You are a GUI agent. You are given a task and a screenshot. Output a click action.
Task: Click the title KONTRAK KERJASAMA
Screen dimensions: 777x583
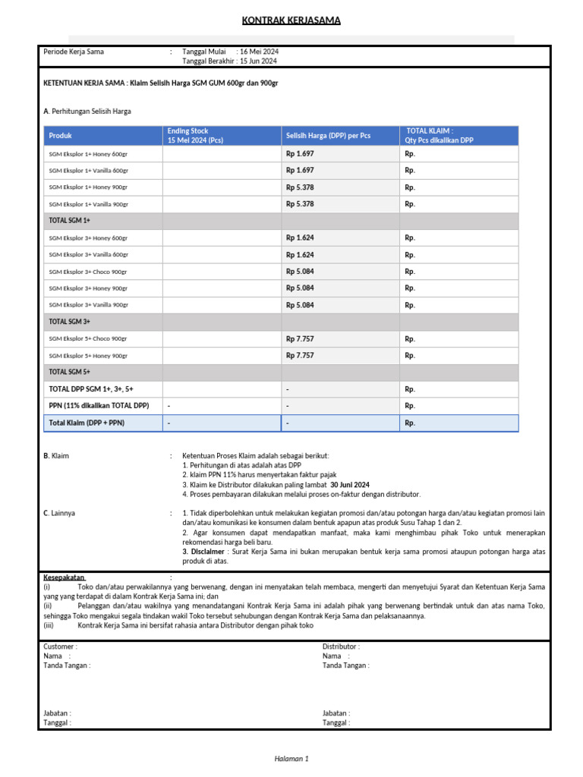pyautogui.click(x=291, y=20)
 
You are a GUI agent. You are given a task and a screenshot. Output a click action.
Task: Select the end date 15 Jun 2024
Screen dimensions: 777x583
pyautogui.click(x=259, y=61)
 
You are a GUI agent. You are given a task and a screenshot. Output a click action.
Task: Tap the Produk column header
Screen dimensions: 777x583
pyautogui.click(x=61, y=136)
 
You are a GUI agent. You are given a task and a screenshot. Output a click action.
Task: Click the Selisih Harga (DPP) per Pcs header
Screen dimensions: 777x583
pyautogui.click(x=328, y=136)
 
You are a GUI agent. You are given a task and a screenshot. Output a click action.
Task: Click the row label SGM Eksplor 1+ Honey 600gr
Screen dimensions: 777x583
pyautogui.click(x=89, y=154)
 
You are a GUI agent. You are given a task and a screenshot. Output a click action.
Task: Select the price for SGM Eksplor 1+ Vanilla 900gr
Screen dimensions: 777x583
pyautogui.click(x=300, y=204)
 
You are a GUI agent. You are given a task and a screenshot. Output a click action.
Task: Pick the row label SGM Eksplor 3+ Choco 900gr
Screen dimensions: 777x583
pyautogui.click(x=89, y=272)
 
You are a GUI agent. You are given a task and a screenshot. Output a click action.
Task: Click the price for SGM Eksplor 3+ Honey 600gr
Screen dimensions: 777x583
pyautogui.click(x=300, y=238)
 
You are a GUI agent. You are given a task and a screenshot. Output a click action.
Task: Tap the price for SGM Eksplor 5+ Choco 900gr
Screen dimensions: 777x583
pyautogui.click(x=300, y=339)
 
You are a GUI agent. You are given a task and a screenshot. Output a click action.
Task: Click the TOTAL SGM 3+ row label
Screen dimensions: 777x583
pyautogui.click(x=70, y=322)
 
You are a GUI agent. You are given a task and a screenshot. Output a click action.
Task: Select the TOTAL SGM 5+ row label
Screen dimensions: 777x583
pyautogui.click(x=70, y=373)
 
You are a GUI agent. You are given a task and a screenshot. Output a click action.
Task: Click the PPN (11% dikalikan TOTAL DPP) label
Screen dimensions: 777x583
pyautogui.click(x=99, y=406)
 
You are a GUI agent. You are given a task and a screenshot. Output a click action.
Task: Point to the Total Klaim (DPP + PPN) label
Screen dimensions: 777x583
pyautogui.click(x=87, y=423)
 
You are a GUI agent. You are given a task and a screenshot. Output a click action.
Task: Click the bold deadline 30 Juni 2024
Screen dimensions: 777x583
pyautogui.click(x=350, y=484)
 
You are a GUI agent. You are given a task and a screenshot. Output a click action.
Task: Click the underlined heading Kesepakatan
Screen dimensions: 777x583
pyautogui.click(x=65, y=577)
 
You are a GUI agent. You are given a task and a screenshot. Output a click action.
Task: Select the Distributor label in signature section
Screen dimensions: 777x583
pyautogui.click(x=340, y=646)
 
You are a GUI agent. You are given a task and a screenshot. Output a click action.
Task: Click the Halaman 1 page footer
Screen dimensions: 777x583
pyautogui.click(x=291, y=758)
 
